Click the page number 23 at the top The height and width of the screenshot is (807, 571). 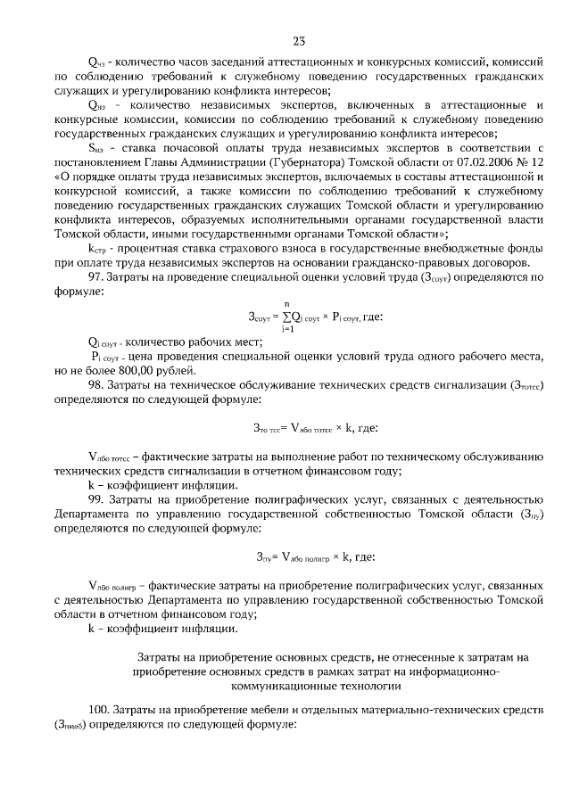click(x=298, y=40)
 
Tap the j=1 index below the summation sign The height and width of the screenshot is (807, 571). click(x=285, y=329)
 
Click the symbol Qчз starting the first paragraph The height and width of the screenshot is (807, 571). click(x=96, y=62)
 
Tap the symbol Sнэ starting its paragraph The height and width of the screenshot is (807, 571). click(x=96, y=146)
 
